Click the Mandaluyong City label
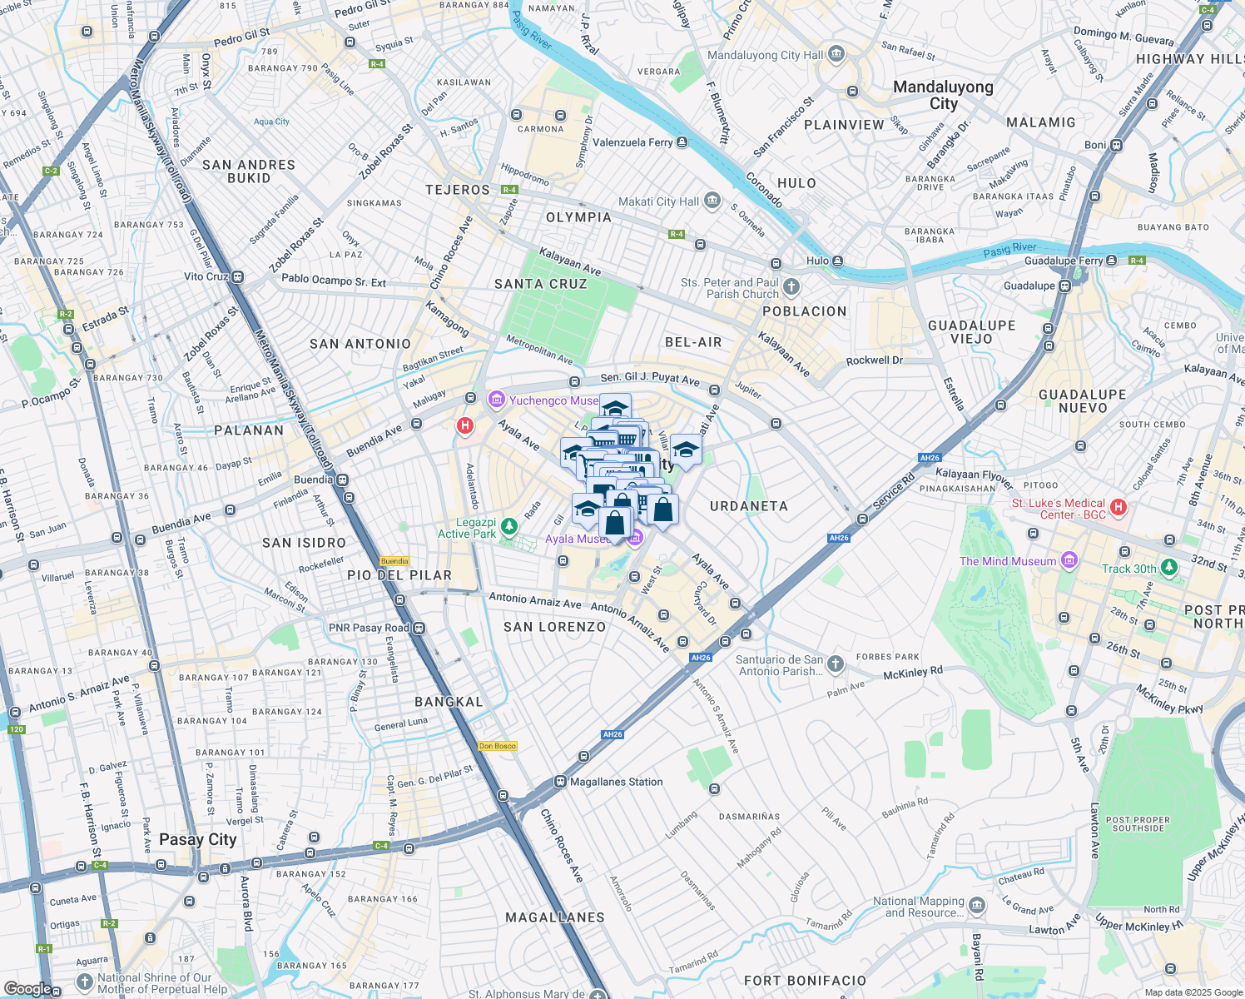(943, 95)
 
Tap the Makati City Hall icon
(712, 201)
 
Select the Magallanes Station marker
(560, 782)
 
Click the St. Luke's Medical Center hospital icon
(1119, 507)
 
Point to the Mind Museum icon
(1069, 560)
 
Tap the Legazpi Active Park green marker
(509, 527)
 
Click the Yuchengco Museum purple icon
(497, 400)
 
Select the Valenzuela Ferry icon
(682, 142)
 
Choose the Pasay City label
(198, 839)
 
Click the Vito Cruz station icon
(238, 276)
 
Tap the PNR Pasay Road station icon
(419, 628)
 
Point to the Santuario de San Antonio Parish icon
(836, 664)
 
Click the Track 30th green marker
(1170, 568)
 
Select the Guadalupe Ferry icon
(1111, 261)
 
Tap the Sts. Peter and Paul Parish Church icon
(791, 287)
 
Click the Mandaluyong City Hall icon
(836, 55)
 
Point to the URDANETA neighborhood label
(748, 506)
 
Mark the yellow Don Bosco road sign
(498, 746)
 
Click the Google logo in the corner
(27, 988)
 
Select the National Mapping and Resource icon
(977, 906)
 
